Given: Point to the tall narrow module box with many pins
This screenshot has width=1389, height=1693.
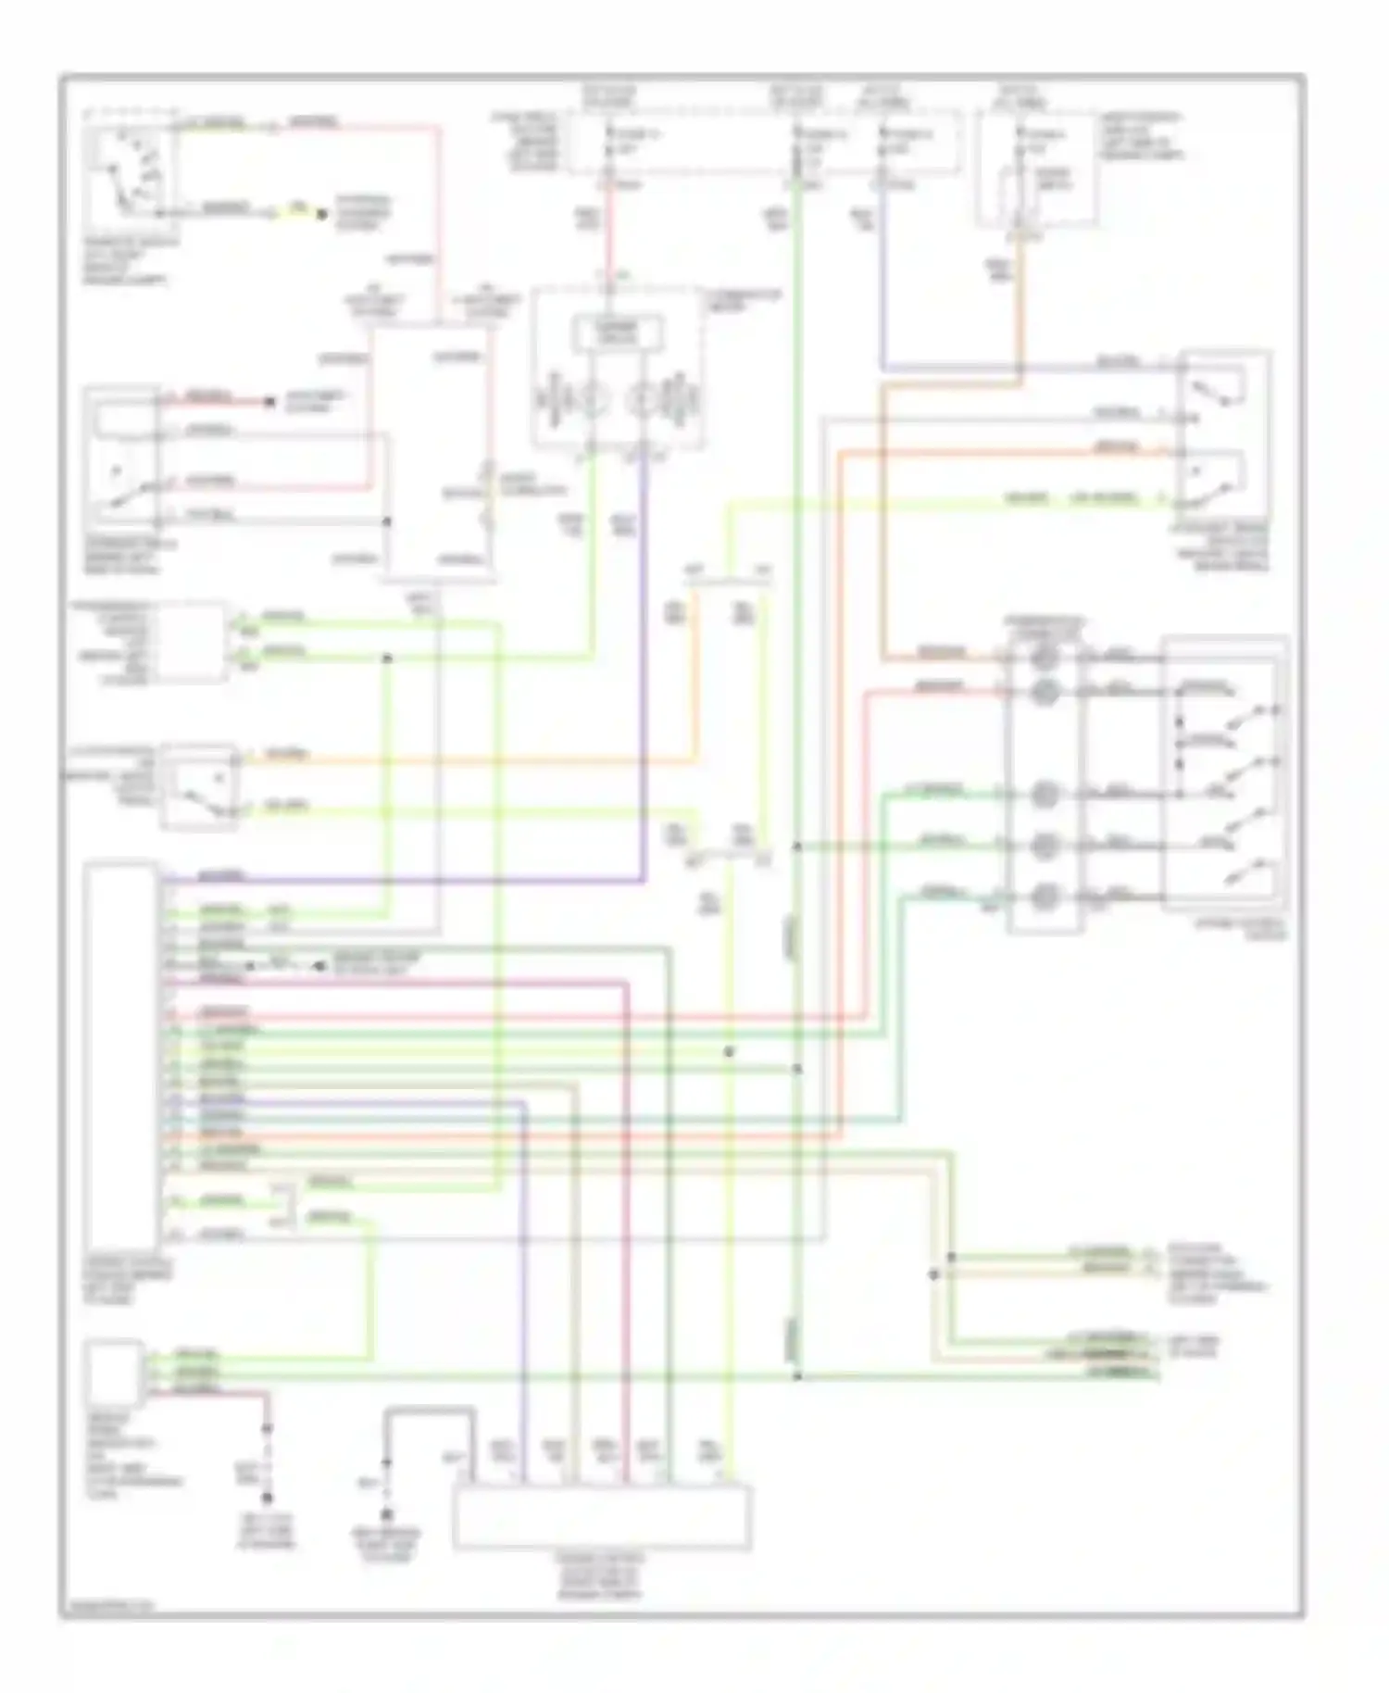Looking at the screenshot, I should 120,1056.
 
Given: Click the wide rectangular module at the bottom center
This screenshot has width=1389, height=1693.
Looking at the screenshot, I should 602,1516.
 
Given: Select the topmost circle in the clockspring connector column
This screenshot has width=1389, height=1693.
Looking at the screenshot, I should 1044,658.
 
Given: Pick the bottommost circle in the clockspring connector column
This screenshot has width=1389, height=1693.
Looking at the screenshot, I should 1044,897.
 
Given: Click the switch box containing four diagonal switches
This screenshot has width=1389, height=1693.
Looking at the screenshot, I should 1224,773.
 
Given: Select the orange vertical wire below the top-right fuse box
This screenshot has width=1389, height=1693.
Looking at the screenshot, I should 1022,306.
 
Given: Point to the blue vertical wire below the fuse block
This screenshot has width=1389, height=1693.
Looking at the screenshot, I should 883,278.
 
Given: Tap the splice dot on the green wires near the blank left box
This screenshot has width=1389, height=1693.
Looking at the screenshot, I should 387,658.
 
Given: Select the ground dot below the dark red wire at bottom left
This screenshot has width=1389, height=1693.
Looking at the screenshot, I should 268,1498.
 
